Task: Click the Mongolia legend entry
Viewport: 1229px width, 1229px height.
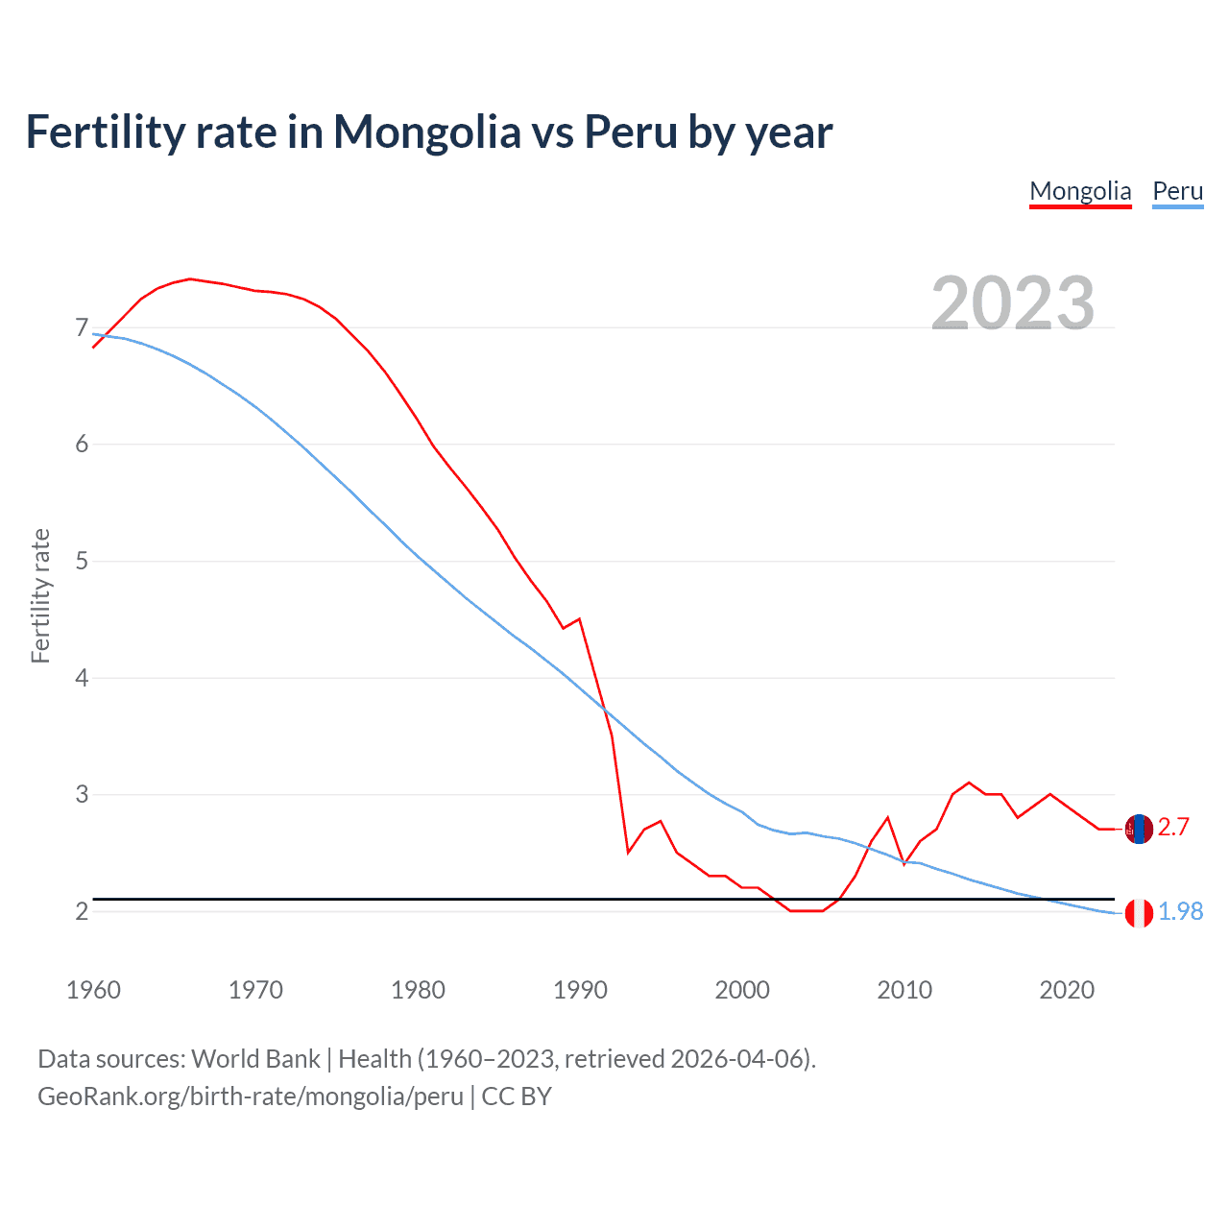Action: coord(1080,191)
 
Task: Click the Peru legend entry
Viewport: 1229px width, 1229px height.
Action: coord(1177,191)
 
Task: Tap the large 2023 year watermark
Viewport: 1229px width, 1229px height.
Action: coord(1013,303)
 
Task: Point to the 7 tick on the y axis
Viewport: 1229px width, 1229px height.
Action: coord(82,328)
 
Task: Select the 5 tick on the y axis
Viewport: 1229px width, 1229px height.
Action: coord(82,561)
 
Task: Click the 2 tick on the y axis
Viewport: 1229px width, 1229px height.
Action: coord(82,911)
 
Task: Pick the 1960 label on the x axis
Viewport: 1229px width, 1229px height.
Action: coord(93,990)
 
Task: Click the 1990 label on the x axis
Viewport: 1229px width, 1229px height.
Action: coord(580,990)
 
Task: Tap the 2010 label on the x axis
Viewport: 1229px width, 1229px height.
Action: coord(904,990)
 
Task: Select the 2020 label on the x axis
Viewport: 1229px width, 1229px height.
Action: coord(1067,990)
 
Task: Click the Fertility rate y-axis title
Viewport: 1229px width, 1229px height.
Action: coord(40,595)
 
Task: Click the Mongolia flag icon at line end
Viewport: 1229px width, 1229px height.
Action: coord(1139,829)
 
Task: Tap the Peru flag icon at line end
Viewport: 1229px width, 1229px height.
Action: coord(1139,913)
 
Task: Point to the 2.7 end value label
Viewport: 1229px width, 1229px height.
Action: coord(1173,828)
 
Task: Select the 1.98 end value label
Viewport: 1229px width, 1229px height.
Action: coord(1180,912)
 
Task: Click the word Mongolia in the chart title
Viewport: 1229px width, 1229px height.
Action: coord(426,133)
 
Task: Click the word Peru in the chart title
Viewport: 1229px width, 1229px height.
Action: coord(631,133)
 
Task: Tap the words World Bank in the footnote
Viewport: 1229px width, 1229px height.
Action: coord(255,1059)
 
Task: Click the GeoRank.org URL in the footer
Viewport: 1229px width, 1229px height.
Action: coord(251,1096)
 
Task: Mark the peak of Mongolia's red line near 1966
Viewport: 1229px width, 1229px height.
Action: coord(190,278)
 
